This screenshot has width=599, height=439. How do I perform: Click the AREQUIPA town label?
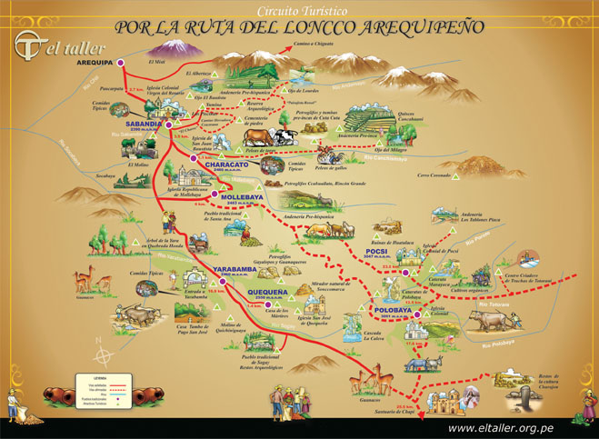click(94, 63)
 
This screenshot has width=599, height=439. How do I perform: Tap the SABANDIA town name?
click(143, 120)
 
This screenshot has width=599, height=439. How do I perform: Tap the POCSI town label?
click(375, 251)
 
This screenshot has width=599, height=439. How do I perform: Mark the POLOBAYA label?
click(393, 310)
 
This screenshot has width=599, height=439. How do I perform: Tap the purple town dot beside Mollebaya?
click(213, 194)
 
